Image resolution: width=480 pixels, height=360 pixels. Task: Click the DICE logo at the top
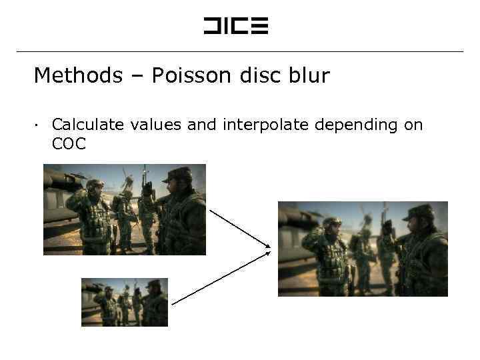pyautogui.click(x=235, y=26)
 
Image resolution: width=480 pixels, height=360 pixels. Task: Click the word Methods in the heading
pyautogui.click(x=78, y=75)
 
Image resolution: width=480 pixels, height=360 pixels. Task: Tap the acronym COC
pyautogui.click(x=69, y=143)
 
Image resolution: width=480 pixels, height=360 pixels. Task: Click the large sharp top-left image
pyautogui.click(x=125, y=209)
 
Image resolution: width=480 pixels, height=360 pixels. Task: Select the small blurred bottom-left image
pyautogui.click(x=125, y=302)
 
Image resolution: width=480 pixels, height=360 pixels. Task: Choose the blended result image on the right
pyautogui.click(x=363, y=249)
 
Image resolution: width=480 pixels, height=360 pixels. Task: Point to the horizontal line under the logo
pyautogui.click(x=239, y=51)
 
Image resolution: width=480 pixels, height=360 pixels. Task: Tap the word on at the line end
pyautogui.click(x=413, y=125)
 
